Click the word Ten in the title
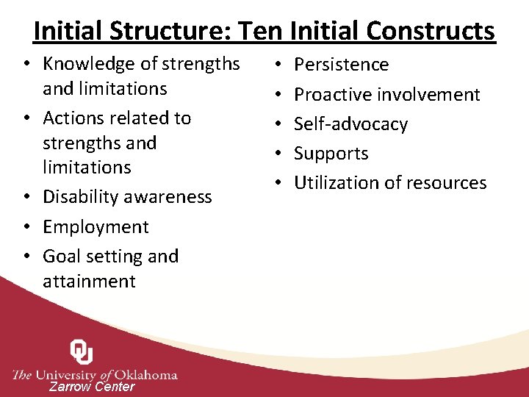click(262, 31)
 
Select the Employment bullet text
click(96, 227)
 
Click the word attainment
click(89, 282)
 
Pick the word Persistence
click(341, 65)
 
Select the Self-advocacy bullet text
click(350, 124)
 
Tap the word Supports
click(331, 154)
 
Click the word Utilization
click(334, 183)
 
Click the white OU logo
click(81, 353)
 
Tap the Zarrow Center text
click(92, 387)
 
